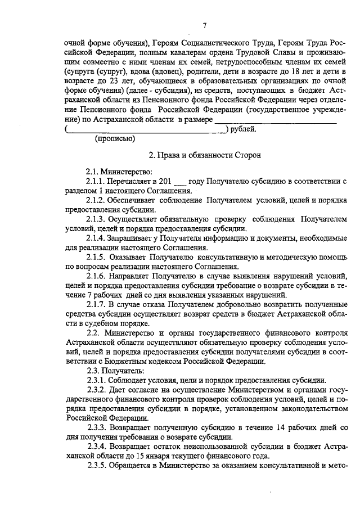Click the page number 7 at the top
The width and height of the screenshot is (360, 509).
[205, 25]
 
